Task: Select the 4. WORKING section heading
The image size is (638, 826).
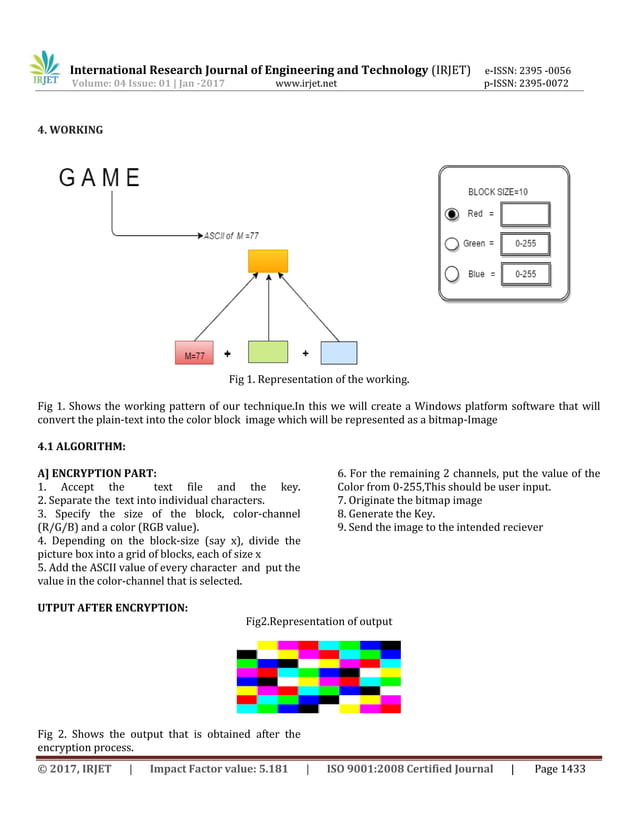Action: pos(70,130)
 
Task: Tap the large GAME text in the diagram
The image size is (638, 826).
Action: pos(99,179)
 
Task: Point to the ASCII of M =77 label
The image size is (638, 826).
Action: pos(231,236)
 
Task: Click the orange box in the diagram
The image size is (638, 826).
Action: pos(268,261)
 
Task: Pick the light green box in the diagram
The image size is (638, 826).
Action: pos(267,353)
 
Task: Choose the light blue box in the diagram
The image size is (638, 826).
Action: pos(338,353)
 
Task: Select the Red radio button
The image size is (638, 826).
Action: pos(452,214)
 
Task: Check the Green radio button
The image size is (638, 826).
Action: pos(452,244)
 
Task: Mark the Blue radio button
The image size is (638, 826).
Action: pos(452,274)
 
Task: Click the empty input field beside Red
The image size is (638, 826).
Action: pos(525,214)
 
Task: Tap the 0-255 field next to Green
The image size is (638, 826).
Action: pos(525,244)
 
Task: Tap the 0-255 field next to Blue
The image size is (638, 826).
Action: pos(525,274)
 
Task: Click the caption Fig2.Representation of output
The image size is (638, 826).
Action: pos(319,621)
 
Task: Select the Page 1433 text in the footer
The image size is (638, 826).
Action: pos(560,769)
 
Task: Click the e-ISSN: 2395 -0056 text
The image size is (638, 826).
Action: pos(527,71)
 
